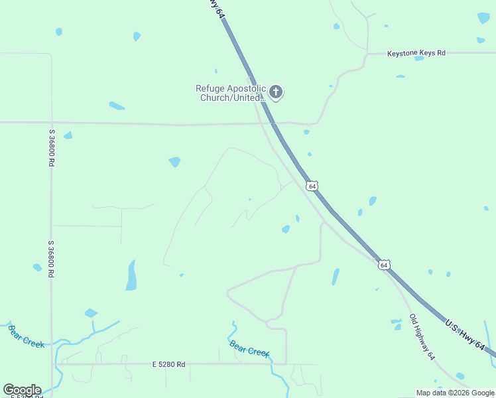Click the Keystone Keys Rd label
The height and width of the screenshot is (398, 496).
coord(416,52)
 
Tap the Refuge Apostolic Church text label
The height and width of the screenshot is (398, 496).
coord(231,93)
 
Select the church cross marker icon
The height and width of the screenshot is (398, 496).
coord(276,93)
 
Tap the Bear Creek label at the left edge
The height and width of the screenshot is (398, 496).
coord(27,335)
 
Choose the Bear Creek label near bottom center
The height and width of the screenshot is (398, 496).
coord(249,348)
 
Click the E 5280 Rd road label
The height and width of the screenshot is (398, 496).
coord(168,364)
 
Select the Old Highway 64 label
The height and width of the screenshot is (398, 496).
coord(422,337)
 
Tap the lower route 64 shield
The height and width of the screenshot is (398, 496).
coord(384,265)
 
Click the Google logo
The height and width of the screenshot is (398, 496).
coord(22,390)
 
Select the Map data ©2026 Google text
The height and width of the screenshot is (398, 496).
coord(455,393)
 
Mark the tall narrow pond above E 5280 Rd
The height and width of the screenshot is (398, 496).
coord(131,275)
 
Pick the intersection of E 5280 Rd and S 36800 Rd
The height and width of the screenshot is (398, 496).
coord(52,364)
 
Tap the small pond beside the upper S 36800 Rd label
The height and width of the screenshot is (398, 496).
coord(68,135)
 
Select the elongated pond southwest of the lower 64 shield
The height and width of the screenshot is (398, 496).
coord(336,277)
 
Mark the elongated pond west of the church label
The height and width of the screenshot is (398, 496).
coord(117,105)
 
